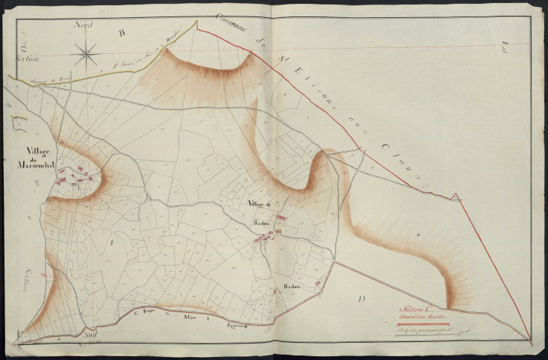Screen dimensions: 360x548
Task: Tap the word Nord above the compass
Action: click(82, 25)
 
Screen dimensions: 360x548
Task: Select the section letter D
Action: click(361, 299)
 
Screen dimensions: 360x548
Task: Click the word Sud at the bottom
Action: click(90, 331)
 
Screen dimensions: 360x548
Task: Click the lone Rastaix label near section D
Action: click(293, 286)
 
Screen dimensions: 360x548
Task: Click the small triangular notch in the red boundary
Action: click(456, 197)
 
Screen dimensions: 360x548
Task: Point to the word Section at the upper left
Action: click(29, 56)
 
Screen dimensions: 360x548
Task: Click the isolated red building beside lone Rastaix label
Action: click(317, 282)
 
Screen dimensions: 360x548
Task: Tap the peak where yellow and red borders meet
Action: click(197, 22)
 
